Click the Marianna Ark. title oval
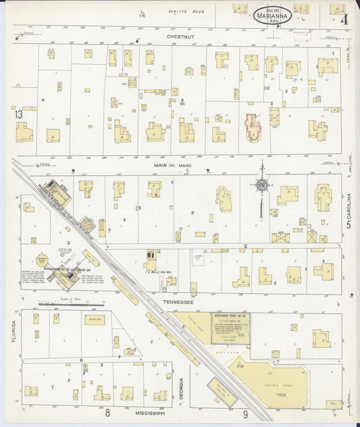pyautogui.click(x=273, y=16)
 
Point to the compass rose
pyautogui.click(x=261, y=184)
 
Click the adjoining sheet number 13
pyautogui.click(x=19, y=115)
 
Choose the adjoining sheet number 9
pyautogui.click(x=246, y=413)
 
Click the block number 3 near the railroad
pyautogui.click(x=68, y=241)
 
